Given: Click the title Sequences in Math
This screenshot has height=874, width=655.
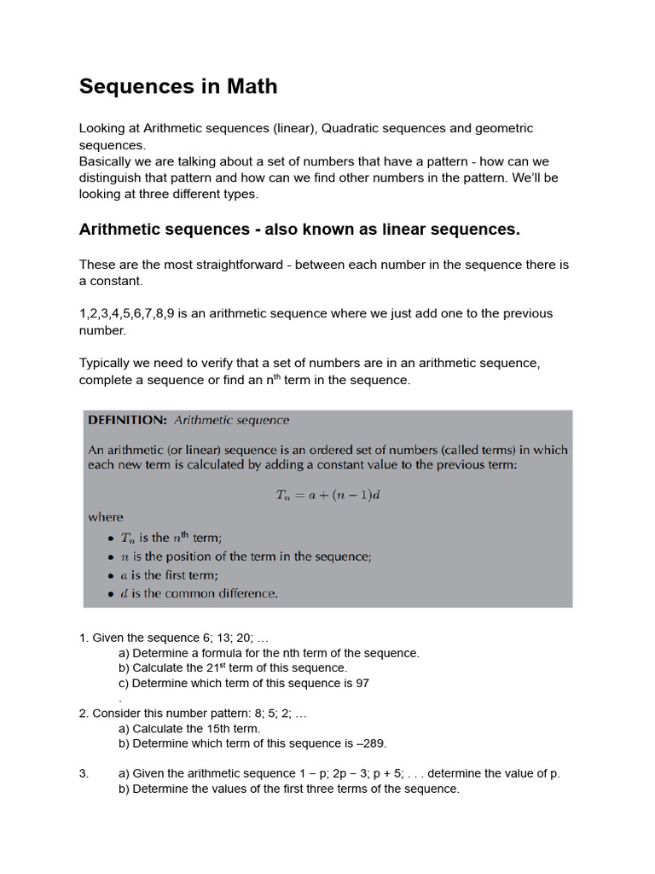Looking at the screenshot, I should click(x=178, y=86).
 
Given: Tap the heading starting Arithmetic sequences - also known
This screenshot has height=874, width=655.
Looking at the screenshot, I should click(x=299, y=230).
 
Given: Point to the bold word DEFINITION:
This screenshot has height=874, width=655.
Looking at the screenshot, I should click(x=127, y=420).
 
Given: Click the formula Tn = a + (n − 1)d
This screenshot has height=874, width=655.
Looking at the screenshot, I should click(x=327, y=494).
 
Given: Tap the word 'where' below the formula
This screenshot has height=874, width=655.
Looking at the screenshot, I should click(x=106, y=517).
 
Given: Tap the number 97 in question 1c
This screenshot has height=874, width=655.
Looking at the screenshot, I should click(x=362, y=684).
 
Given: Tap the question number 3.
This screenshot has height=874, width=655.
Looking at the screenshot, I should click(x=84, y=773).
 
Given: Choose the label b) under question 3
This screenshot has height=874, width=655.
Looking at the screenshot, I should click(x=124, y=789).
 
